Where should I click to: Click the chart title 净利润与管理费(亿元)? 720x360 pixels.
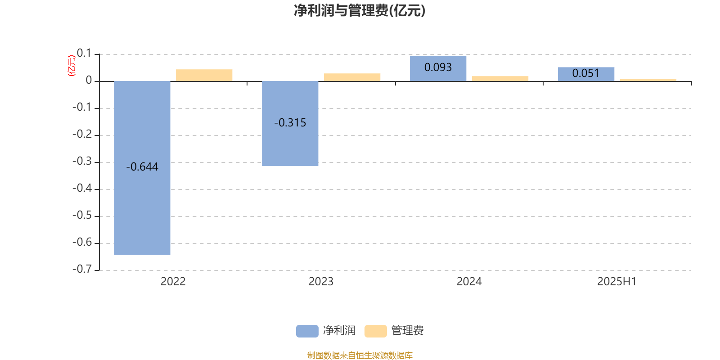click(360, 11)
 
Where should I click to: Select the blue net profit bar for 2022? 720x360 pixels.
click(142, 168)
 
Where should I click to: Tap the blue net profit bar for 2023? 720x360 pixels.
click(290, 123)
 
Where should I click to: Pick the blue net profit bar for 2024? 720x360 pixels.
click(438, 68)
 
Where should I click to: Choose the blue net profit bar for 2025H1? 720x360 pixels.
click(586, 74)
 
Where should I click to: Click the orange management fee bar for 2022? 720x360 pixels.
click(204, 75)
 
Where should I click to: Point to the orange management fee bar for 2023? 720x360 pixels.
click(352, 77)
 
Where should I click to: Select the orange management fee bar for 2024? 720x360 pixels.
click(500, 79)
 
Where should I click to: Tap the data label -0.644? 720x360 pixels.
click(142, 166)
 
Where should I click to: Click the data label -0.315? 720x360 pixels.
click(290, 122)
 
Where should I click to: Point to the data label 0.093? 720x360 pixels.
click(438, 67)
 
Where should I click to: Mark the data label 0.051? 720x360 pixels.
click(586, 73)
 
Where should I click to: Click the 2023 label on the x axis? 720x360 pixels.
click(321, 282)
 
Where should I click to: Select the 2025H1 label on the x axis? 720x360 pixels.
click(617, 282)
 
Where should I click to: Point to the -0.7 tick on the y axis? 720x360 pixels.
click(82, 269)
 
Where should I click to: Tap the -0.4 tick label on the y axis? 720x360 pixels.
click(82, 188)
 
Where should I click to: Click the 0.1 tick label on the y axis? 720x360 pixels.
click(84, 53)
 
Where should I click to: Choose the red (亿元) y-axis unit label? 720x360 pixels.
click(72, 66)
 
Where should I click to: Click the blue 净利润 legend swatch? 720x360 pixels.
click(307, 331)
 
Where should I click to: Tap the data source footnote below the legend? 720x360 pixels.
click(360, 355)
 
